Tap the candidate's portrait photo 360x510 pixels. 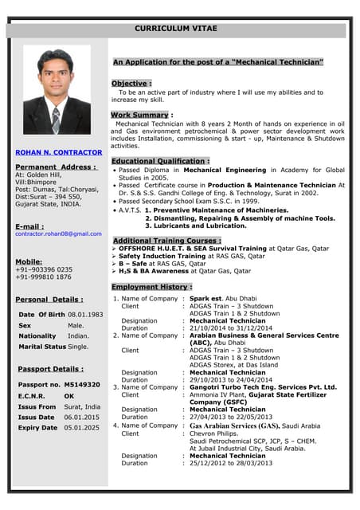click(x=57, y=90)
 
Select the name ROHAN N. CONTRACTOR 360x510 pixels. click(x=59, y=152)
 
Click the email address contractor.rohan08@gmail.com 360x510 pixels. click(x=59, y=233)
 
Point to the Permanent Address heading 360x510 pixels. click(x=56, y=167)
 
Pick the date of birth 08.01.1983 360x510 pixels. click(x=85, y=314)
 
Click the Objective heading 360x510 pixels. click(x=130, y=84)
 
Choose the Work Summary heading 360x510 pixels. click(x=140, y=116)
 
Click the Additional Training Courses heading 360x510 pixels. click(x=166, y=241)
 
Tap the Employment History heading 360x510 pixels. click(x=151, y=287)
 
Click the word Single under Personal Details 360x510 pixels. click(x=78, y=347)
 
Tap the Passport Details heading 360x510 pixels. click(x=50, y=370)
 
